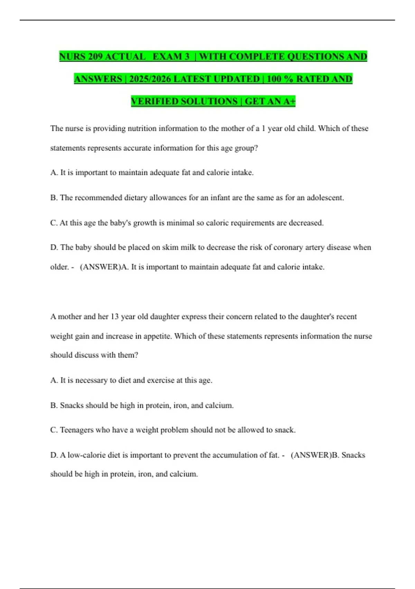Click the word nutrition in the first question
click(142, 129)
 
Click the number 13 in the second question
click(114, 317)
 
